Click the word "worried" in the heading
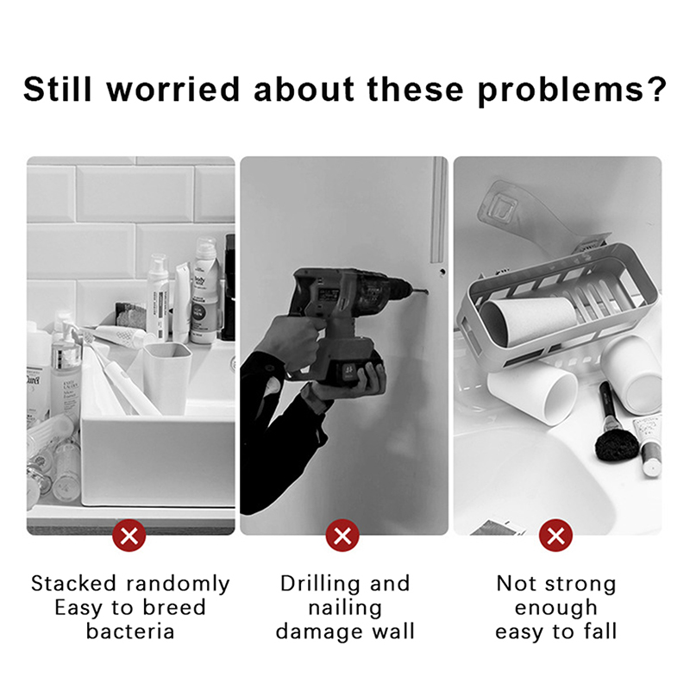173,89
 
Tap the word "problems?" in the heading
572,91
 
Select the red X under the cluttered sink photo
129,536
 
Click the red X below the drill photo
342,536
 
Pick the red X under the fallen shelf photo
555,536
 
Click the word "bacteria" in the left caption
130,631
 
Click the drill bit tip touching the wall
428,291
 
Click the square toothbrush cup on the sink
167,378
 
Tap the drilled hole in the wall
442,272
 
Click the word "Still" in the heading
57,90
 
